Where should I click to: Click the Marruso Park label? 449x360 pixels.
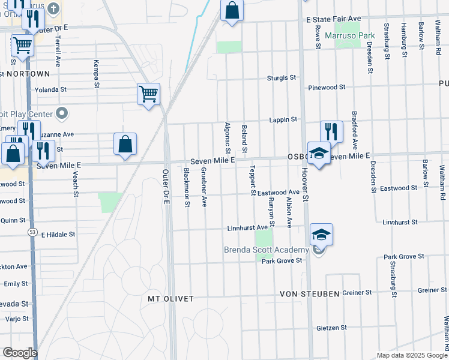pos(349,36)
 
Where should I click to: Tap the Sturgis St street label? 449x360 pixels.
pos(282,78)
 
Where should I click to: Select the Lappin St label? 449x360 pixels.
pos(283,120)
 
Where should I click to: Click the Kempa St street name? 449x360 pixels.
pos(96,73)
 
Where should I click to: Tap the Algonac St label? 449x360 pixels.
pos(228,137)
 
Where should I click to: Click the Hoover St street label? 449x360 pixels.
pos(305,188)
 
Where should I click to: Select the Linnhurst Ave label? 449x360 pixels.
pos(247,228)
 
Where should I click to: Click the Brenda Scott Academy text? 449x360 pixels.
pos(266,250)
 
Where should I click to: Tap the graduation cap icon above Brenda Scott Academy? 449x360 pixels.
pos(321,235)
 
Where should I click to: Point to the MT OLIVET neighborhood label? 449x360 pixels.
pos(171,298)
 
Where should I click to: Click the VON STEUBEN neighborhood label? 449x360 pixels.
pos(309,295)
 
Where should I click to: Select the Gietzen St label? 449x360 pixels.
pos(332,328)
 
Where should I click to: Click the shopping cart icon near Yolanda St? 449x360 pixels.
pos(148,94)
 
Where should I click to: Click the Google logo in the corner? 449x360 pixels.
pos(19,353)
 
